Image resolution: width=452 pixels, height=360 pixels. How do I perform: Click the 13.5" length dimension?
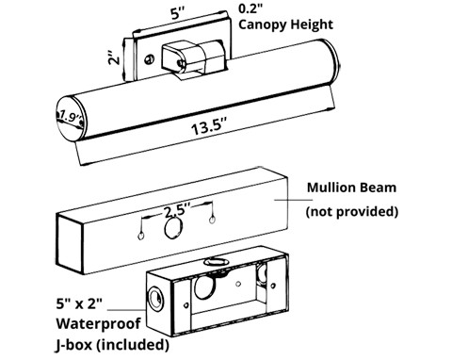tap(208, 126)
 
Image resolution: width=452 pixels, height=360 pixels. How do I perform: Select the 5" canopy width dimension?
tap(177, 13)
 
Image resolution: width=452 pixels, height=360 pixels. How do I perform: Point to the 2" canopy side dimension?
tap(114, 56)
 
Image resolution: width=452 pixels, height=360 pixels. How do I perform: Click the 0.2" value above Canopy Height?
tap(250, 8)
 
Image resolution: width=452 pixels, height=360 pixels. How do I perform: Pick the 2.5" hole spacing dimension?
tap(177, 209)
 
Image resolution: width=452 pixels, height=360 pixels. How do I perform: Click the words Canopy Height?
tap(285, 25)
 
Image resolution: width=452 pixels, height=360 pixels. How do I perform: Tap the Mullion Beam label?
tap(351, 188)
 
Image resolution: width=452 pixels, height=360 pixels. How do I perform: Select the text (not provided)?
tap(352, 211)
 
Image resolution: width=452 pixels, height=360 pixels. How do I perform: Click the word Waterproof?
tap(98, 323)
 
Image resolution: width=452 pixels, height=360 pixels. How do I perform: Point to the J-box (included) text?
tap(112, 345)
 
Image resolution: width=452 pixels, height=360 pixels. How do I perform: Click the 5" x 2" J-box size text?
tap(79, 303)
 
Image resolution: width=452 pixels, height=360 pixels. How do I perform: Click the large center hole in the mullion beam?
tap(173, 228)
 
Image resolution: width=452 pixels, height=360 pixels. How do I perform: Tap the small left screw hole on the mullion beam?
tap(141, 236)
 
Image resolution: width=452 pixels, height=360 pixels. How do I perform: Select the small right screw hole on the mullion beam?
tap(212, 220)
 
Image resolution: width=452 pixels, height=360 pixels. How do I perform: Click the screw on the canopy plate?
tap(150, 59)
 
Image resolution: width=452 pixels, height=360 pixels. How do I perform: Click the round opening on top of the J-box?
tap(215, 261)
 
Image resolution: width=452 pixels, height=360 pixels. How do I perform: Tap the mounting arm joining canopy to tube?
tap(191, 58)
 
